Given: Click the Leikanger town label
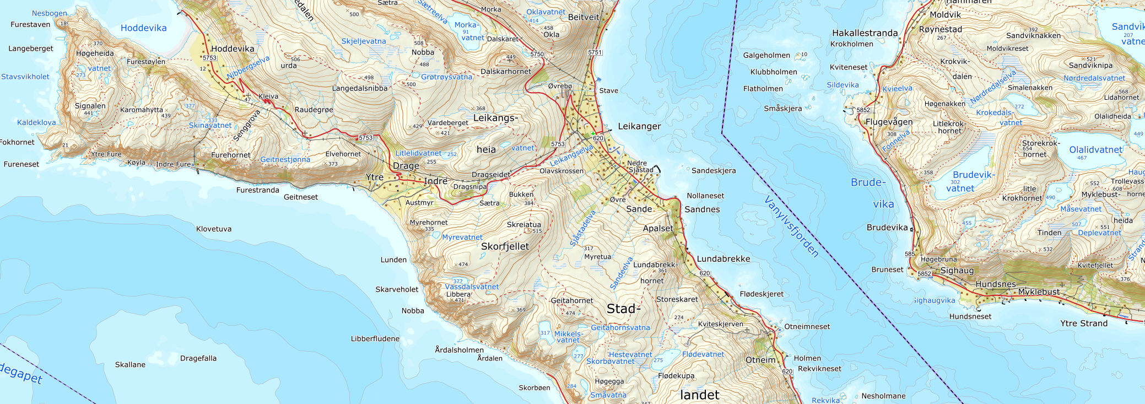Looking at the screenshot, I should coord(639,126).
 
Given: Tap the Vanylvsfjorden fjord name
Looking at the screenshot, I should coord(792,226).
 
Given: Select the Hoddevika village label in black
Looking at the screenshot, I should coord(233,49).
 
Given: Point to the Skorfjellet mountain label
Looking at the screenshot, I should coord(505,246).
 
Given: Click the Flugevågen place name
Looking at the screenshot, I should coord(889,122).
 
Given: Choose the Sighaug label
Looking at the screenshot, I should coord(957,271).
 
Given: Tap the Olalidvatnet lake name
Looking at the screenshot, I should coord(1095,150).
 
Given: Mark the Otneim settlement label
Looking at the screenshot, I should coord(760,360).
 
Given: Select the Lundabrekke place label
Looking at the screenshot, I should coord(723,258).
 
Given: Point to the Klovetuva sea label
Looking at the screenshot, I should coord(214,229).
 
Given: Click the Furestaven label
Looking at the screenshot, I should coord(30,24).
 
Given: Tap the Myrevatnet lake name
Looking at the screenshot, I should coord(462,237).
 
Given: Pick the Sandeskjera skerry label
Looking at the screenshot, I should coord(714,170).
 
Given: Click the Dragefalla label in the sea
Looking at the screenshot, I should coord(198,358).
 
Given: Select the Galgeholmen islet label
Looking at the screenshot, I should coord(766,55).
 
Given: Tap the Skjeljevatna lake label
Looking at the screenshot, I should coord(364,41).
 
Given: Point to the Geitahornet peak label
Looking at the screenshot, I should coord(572,300).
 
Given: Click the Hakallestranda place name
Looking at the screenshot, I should coord(865,33).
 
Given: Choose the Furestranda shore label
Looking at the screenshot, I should coord(257,190).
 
